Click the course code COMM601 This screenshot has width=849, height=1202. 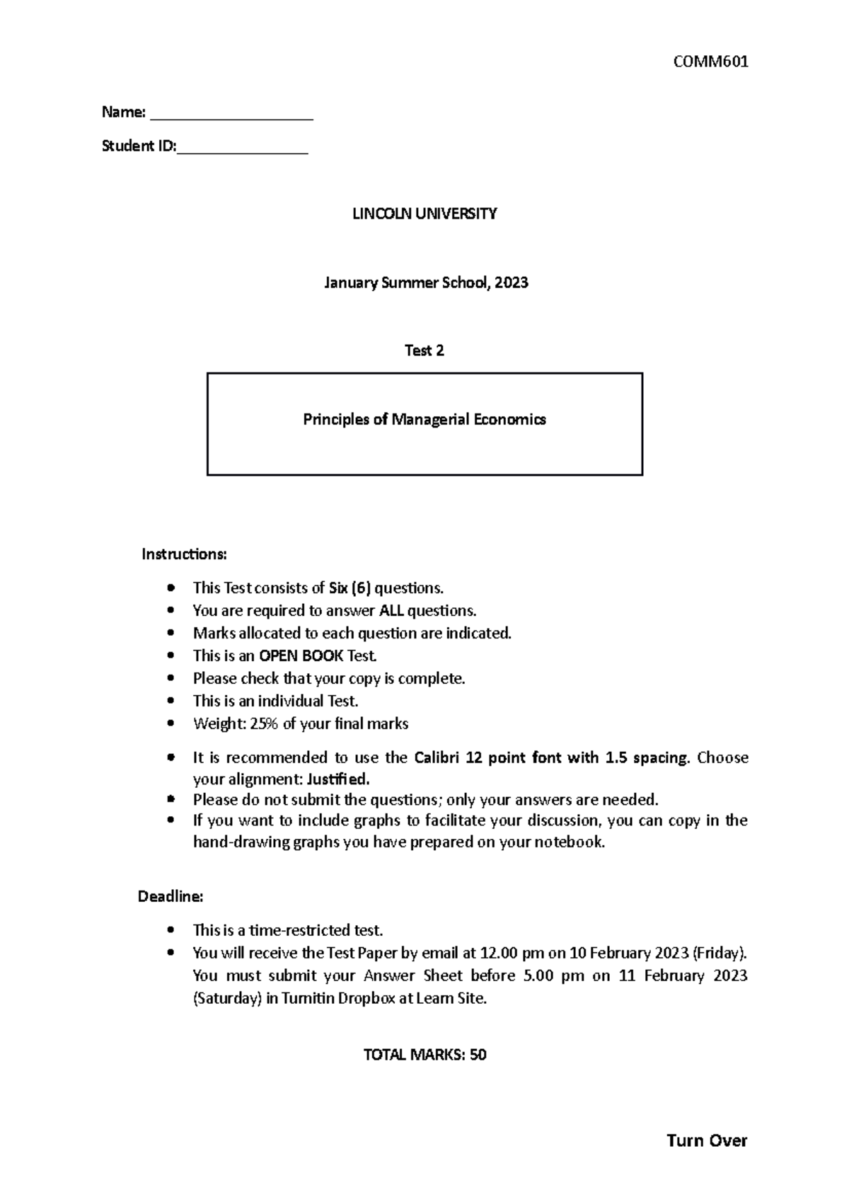click(710, 62)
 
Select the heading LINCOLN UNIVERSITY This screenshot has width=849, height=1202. click(424, 214)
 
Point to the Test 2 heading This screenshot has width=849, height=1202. click(424, 350)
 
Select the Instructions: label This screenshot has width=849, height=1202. click(184, 554)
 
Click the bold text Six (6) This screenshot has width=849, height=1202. click(350, 588)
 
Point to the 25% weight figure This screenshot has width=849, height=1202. click(265, 724)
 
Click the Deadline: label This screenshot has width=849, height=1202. click(170, 897)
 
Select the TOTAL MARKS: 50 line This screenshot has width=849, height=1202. click(424, 1055)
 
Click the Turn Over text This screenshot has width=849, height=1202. click(707, 1140)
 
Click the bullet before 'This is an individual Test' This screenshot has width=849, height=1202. click(170, 701)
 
